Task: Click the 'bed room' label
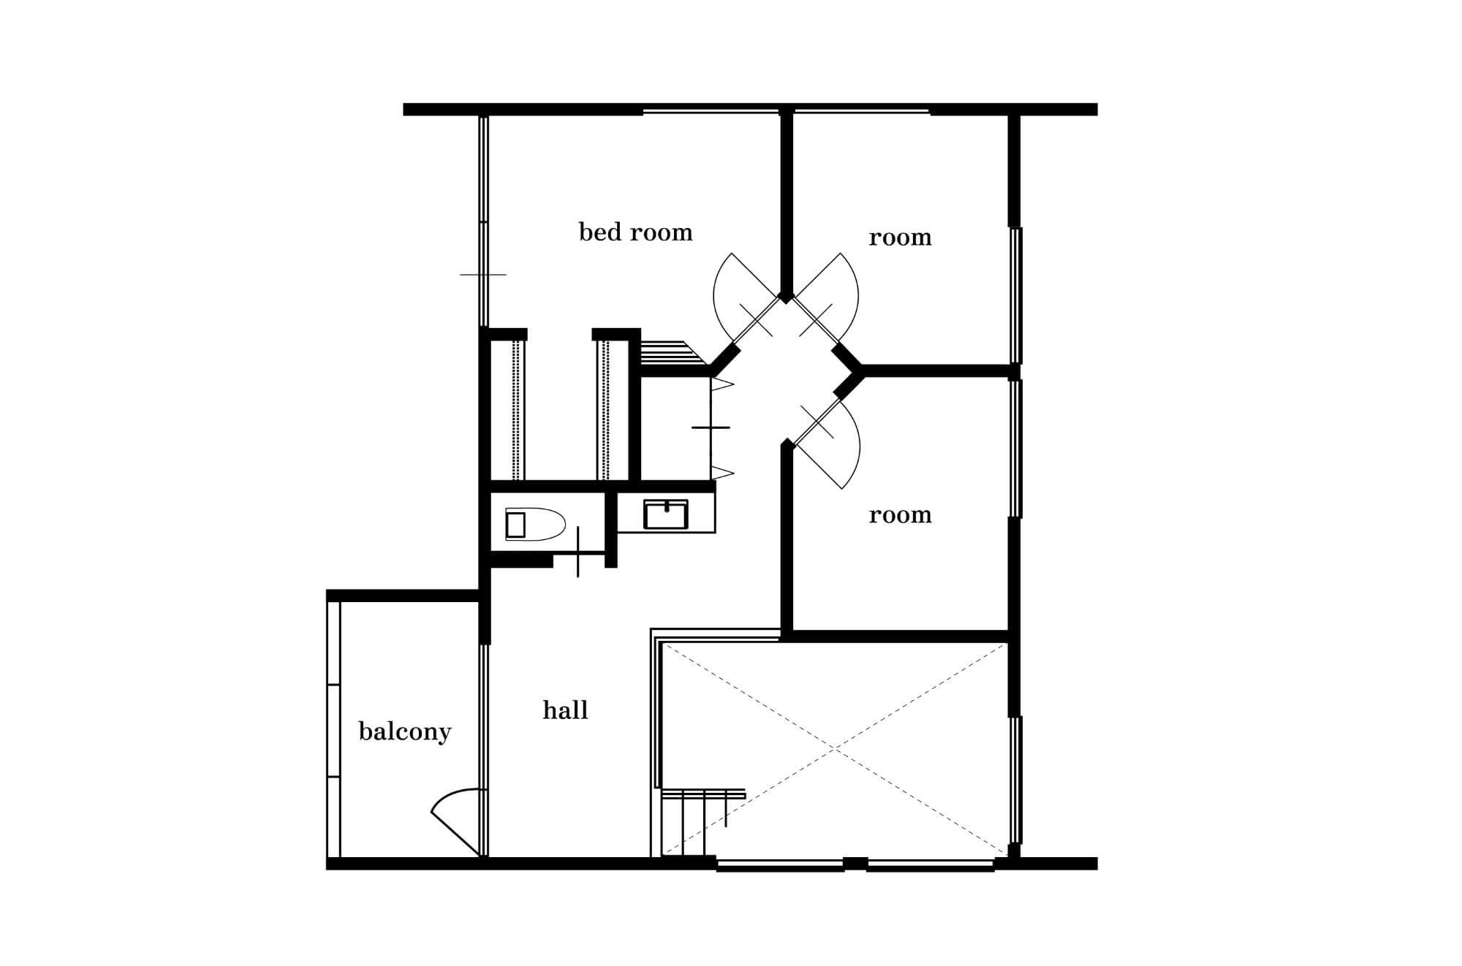(x=635, y=232)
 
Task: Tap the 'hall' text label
(x=565, y=710)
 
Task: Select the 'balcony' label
(x=405, y=731)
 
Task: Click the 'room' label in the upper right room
(x=900, y=238)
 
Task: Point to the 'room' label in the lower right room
(x=900, y=516)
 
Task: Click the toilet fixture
(x=534, y=525)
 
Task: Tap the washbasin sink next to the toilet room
(x=666, y=514)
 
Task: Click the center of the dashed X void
(x=834, y=749)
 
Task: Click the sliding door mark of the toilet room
(x=578, y=552)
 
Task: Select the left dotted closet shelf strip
(x=517, y=410)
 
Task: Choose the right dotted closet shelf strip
(x=605, y=410)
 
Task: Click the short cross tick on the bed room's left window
(x=482, y=275)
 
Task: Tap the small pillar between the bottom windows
(x=855, y=864)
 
